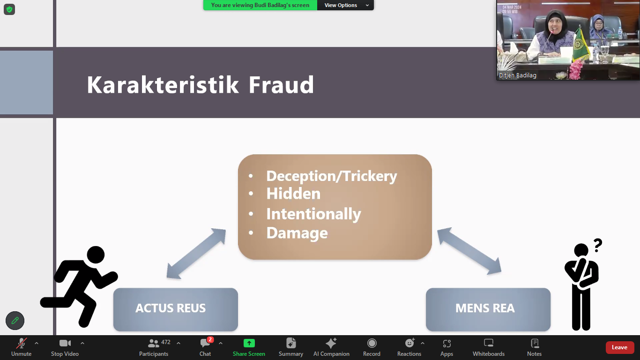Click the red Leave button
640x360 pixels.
point(620,347)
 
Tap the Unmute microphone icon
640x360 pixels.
point(22,343)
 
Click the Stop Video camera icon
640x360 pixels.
point(65,343)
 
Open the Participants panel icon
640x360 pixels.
point(153,343)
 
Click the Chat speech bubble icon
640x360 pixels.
point(205,343)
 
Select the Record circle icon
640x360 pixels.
point(372,343)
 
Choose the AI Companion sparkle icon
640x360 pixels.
point(331,343)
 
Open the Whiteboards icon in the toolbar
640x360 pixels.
point(489,343)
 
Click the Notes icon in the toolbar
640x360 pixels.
point(534,343)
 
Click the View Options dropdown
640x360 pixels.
point(345,5)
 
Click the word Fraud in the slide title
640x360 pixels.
point(281,85)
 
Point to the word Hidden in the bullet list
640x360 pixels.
point(293,194)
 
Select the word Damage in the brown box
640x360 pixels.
point(297,233)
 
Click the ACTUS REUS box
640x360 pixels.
point(175,309)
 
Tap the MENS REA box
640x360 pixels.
point(488,309)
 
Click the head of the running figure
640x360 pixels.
point(96,255)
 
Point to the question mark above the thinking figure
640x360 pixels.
point(598,245)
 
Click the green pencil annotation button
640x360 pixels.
point(15,321)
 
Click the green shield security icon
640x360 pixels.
point(9,9)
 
